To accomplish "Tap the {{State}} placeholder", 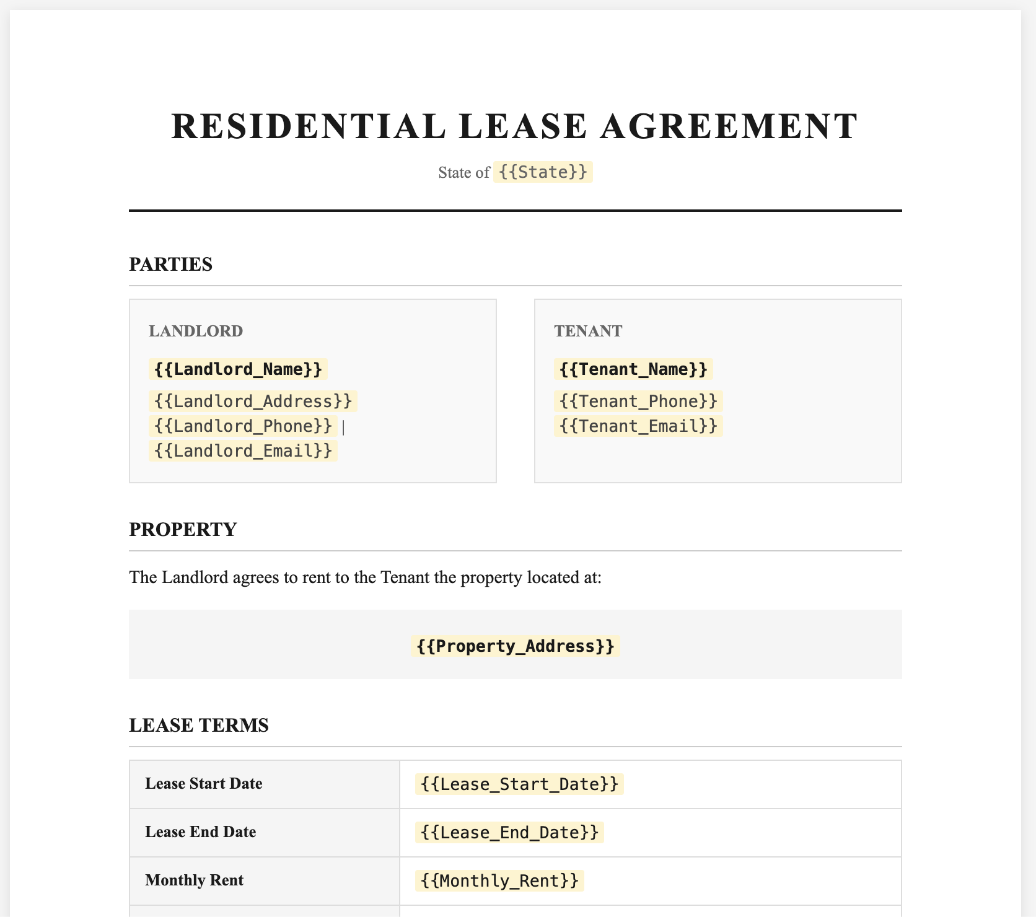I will (543, 172).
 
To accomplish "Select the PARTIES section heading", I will (170, 265).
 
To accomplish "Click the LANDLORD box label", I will (196, 331).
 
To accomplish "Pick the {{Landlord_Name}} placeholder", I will (238, 369).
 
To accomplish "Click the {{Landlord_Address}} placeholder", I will (253, 401).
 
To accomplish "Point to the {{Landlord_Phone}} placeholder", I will (243, 426).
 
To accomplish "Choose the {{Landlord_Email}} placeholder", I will (243, 450).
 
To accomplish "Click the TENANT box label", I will (588, 331).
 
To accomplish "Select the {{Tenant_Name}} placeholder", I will (633, 369).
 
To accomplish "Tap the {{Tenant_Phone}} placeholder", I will (638, 401).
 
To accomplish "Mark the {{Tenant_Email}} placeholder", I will (638, 426).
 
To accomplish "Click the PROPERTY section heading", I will (183, 530).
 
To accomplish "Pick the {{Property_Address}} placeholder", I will (516, 646).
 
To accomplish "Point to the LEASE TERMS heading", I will (199, 726).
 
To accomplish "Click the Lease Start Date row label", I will (204, 784).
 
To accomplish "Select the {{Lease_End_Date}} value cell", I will (509, 832).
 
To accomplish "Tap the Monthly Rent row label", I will (195, 880).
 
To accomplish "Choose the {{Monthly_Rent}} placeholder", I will (499, 880).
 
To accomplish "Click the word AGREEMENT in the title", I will (729, 126).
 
